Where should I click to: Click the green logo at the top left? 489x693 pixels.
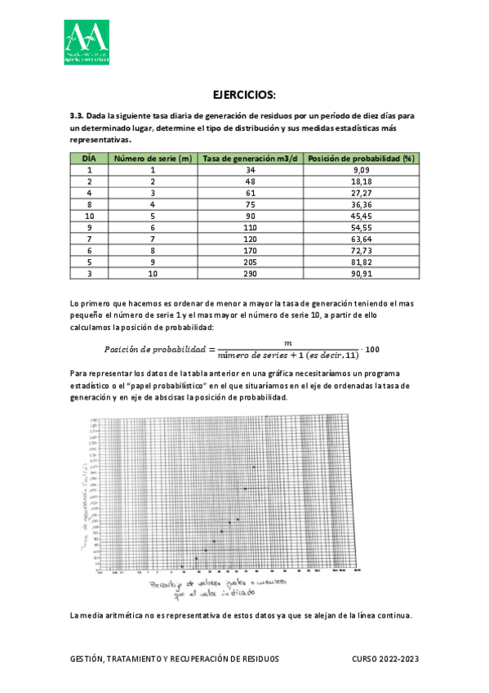pos(87,41)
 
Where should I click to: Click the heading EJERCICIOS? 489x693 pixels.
pos(244,94)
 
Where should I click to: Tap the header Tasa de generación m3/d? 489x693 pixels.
pos(250,158)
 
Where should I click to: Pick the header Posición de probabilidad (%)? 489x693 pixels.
pos(362,158)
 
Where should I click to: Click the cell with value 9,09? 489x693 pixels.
pos(362,169)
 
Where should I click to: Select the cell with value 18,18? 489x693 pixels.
pos(362,181)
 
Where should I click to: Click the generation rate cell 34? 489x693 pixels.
pos(250,169)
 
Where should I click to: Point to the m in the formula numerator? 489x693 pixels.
pos(287,342)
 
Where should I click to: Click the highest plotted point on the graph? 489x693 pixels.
pos(254,467)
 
